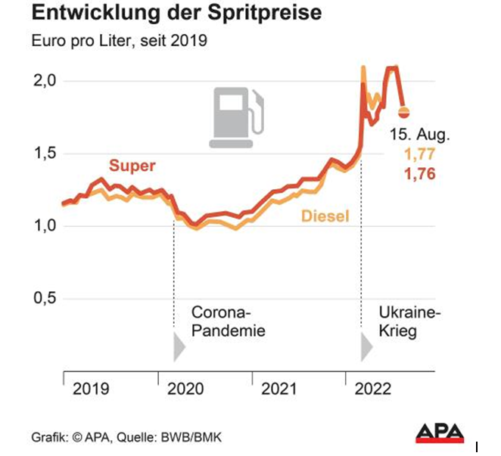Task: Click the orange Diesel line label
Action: click(325, 216)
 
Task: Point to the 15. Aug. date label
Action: click(419, 136)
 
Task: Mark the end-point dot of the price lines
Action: click(404, 112)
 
